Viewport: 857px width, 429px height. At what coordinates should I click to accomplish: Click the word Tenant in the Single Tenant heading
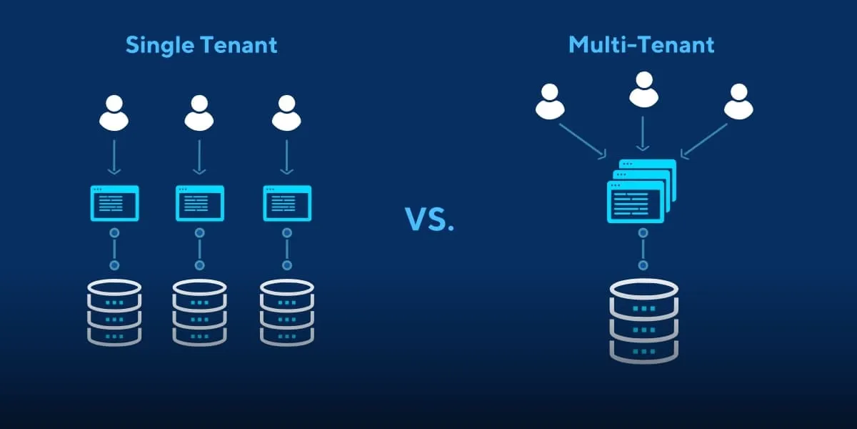[x=239, y=45]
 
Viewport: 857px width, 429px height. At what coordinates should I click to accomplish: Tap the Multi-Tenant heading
[x=641, y=45]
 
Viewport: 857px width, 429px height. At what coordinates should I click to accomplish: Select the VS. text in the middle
[x=429, y=220]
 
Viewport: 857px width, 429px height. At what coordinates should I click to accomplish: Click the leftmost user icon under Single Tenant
[x=114, y=113]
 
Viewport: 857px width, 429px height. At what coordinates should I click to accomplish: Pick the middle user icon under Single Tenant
[x=200, y=113]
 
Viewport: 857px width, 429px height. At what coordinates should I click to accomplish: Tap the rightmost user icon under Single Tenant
[x=286, y=113]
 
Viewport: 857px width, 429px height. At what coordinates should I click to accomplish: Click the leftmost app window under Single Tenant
[x=114, y=203]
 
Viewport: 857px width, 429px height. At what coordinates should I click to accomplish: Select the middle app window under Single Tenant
[x=200, y=203]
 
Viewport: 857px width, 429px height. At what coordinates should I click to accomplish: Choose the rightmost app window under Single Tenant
[x=288, y=203]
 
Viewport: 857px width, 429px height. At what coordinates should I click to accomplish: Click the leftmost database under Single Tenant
[x=114, y=312]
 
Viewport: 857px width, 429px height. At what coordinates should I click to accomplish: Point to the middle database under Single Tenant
[x=199, y=312]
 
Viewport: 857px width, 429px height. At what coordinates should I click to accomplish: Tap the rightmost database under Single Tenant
[x=287, y=312]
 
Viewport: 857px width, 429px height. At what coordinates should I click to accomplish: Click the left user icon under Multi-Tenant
[x=550, y=102]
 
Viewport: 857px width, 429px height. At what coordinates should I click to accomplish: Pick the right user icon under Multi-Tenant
[x=738, y=102]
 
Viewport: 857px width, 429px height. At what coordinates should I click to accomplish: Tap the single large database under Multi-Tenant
[x=643, y=320]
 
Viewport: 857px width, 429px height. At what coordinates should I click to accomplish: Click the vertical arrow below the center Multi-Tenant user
[x=643, y=132]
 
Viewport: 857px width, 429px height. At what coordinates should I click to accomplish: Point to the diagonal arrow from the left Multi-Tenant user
[x=582, y=141]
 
